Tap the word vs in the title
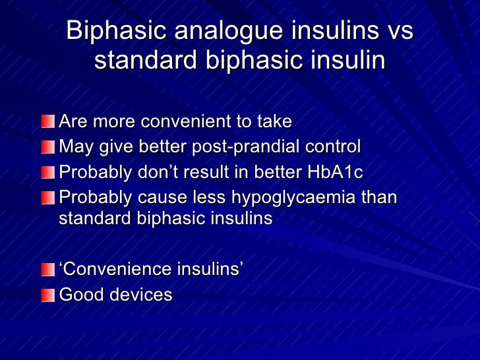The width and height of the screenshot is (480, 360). coord(398,32)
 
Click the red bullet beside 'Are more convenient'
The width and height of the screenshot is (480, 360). coord(47,122)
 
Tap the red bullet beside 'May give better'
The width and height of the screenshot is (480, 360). coord(47,147)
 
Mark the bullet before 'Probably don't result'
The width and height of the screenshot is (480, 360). coord(47,172)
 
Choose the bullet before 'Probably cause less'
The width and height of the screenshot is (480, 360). coord(47,197)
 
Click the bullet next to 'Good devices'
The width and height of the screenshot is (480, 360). coord(47,295)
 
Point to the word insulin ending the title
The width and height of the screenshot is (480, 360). coord(348,61)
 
